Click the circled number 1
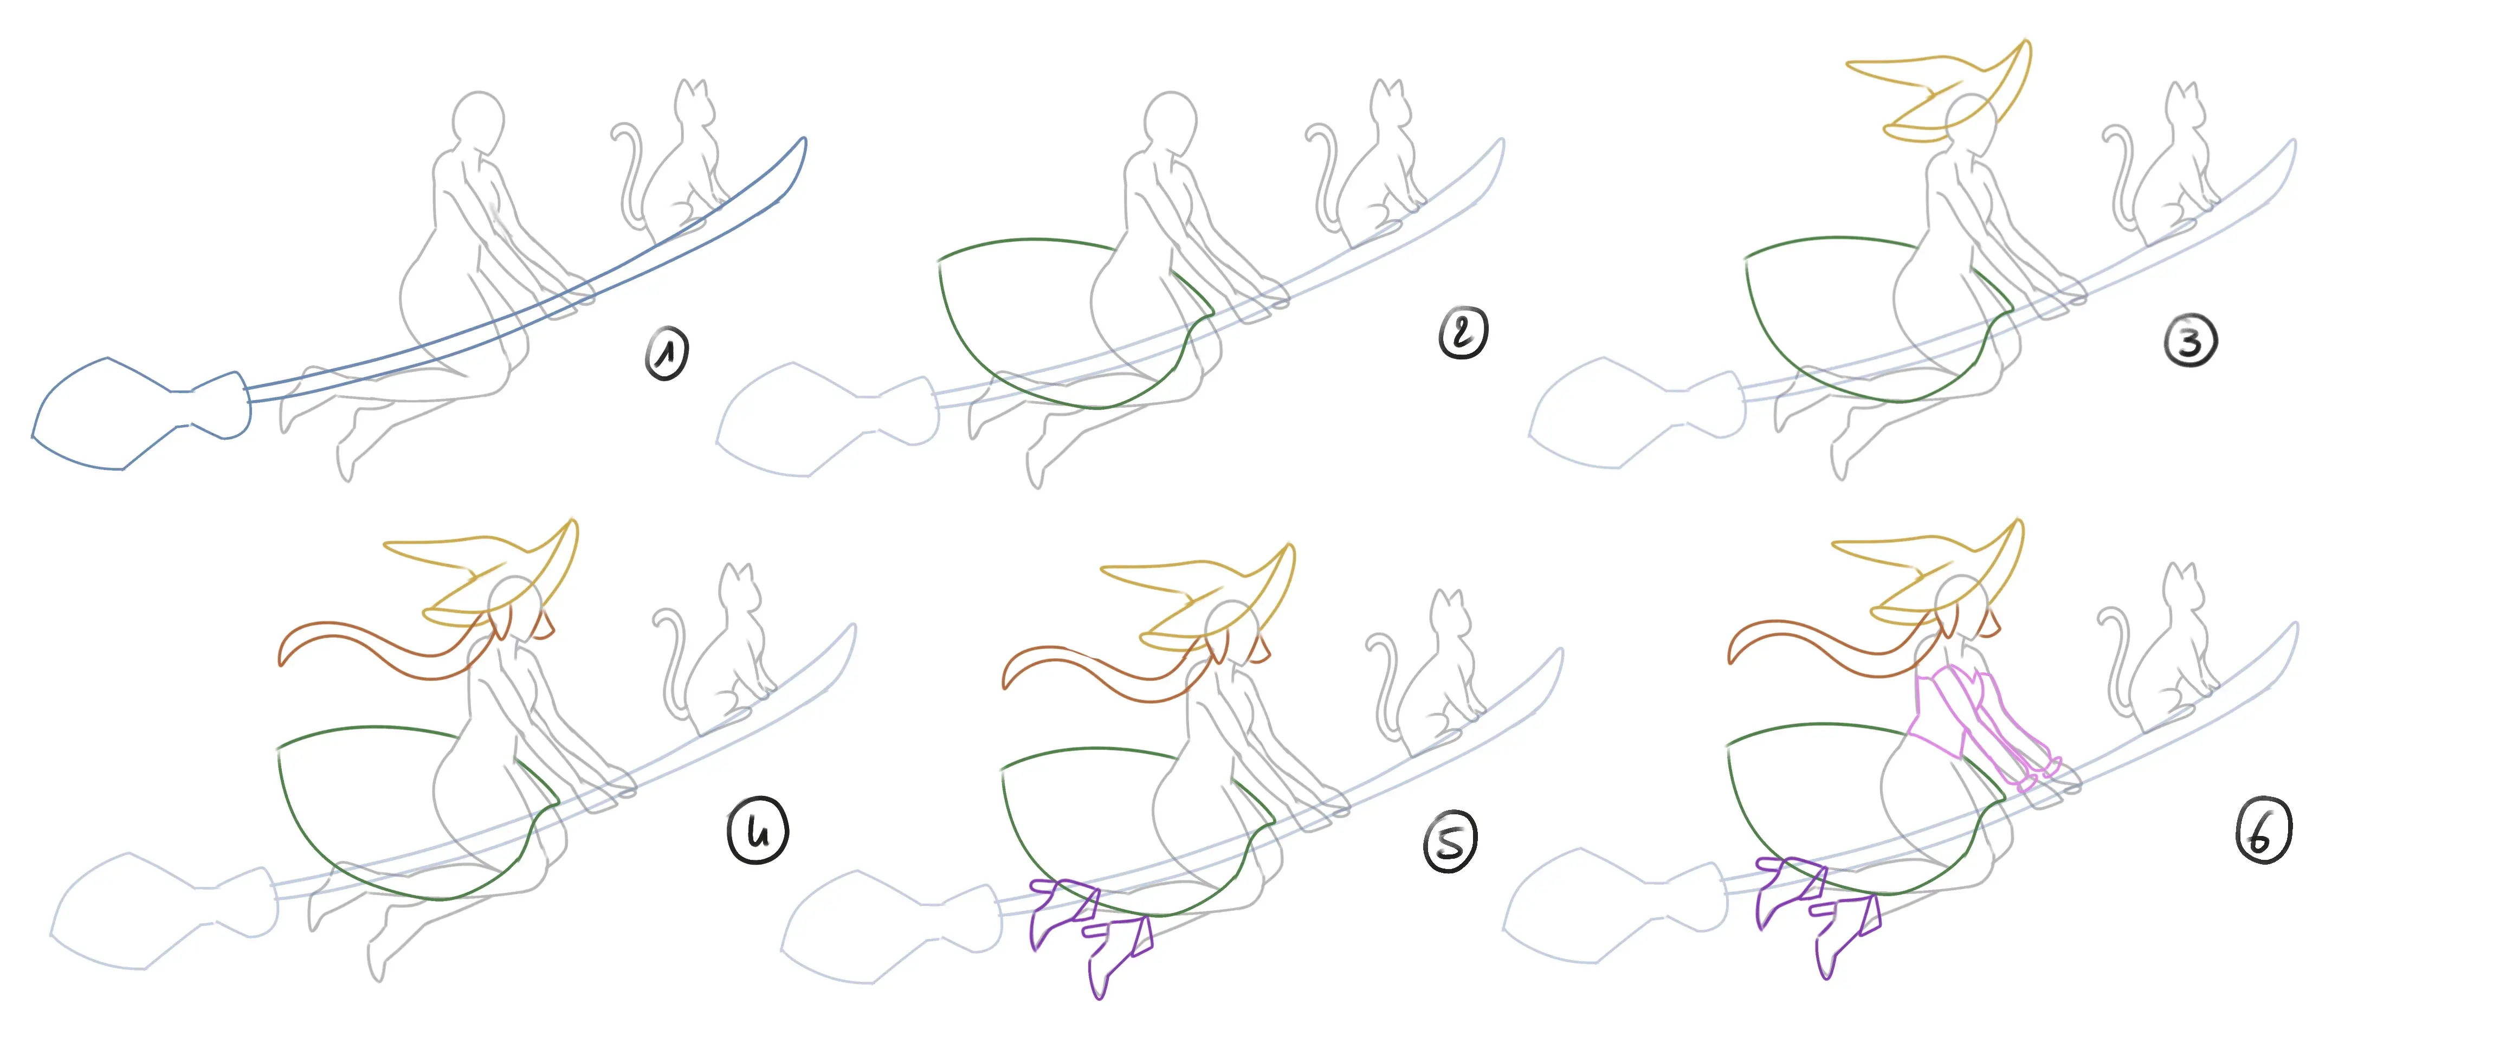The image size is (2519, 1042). tap(667, 352)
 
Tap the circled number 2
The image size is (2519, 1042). tap(1463, 333)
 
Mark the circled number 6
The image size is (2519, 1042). tap(2264, 832)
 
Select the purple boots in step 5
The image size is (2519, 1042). tap(1090, 929)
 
